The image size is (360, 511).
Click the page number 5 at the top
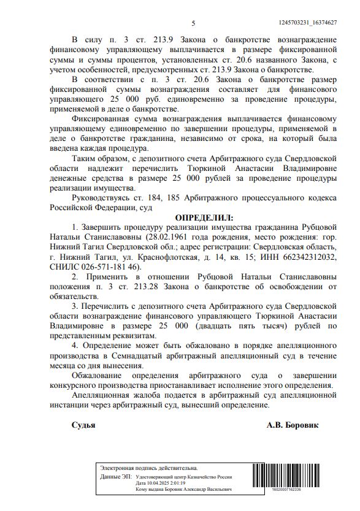[193, 23]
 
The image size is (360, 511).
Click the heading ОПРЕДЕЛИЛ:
[204, 218]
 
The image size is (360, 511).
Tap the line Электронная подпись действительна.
[148, 469]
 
